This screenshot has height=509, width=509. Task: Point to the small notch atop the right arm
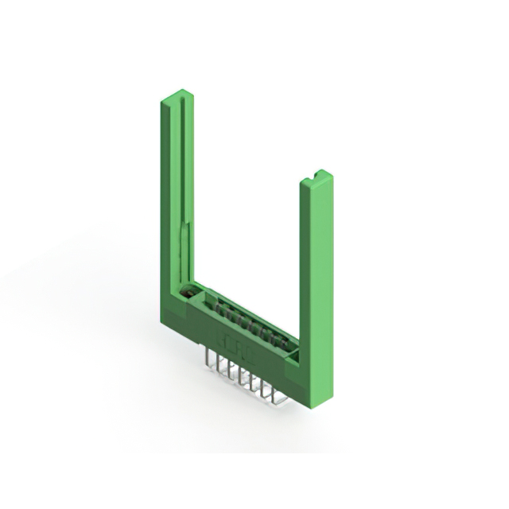click(319, 173)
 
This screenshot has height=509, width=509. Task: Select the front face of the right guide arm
click(317, 278)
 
